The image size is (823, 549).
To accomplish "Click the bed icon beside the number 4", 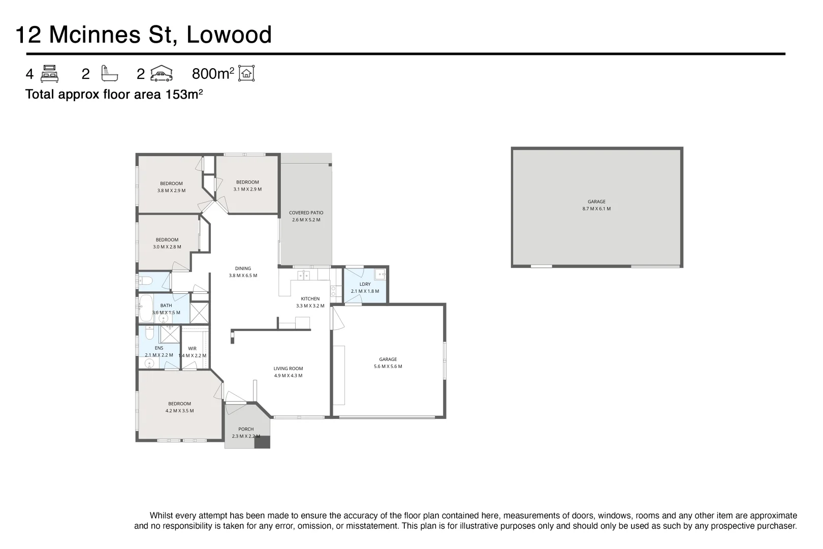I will (x=49, y=74).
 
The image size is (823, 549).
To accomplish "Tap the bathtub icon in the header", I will (x=109, y=74).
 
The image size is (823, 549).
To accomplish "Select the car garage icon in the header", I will (x=162, y=74).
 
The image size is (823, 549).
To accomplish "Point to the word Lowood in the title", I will (x=229, y=35).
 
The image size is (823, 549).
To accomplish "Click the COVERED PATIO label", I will (x=306, y=213).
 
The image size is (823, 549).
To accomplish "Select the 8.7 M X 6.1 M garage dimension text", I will (x=596, y=209).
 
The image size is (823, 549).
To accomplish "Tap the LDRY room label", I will (x=365, y=285).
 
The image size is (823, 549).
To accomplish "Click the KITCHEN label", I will (x=310, y=299).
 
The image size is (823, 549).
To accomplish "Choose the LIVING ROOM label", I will (x=288, y=369).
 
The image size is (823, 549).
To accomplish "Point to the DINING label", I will (x=243, y=268).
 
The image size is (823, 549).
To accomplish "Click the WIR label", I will (x=192, y=349).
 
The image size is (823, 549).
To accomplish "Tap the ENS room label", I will (x=159, y=348).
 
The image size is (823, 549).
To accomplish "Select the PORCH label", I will (x=246, y=429).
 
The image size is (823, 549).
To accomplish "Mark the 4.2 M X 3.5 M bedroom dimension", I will (x=179, y=411).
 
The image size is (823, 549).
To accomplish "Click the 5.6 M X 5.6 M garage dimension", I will (x=388, y=367).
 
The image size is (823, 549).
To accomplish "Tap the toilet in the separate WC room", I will (x=145, y=281).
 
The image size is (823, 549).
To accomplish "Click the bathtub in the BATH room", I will (x=146, y=308).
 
